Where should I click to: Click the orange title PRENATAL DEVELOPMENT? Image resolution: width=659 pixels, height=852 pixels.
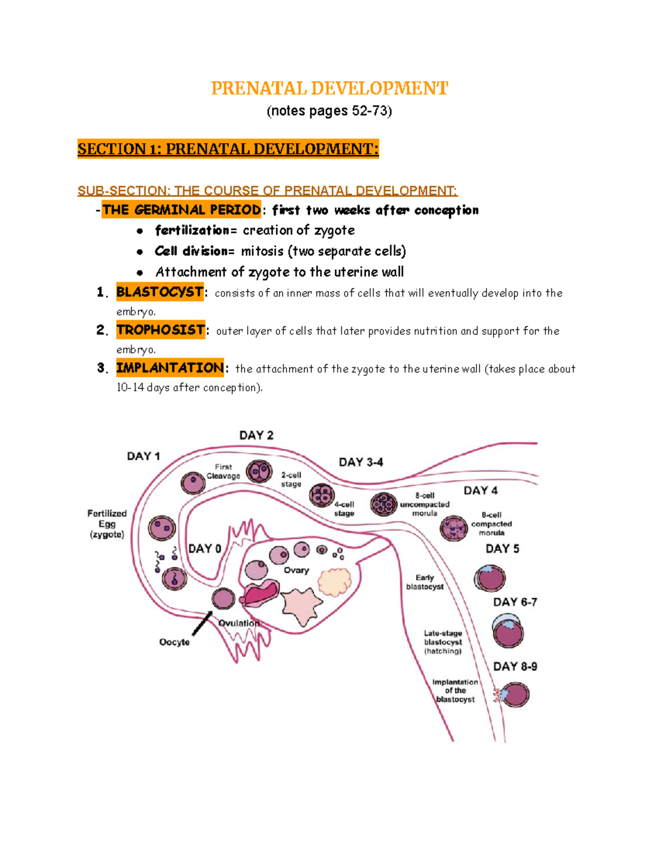pos(329,88)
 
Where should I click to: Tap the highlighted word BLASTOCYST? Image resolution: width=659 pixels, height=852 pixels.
pos(160,292)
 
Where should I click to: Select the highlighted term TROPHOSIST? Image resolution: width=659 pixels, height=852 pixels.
pos(160,330)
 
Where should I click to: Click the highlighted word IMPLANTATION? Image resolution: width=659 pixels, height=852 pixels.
pos(170,368)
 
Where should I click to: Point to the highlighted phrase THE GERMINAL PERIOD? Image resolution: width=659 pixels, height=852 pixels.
pos(181,210)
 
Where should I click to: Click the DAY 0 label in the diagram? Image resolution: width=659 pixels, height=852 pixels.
pos(204,549)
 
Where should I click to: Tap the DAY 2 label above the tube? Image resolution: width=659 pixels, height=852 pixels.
pos(256,435)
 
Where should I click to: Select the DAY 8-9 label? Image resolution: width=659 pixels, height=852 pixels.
pos(515,666)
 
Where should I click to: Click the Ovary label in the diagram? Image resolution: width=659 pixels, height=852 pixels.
pos(296,570)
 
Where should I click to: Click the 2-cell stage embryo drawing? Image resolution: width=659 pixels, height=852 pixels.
pos(259,471)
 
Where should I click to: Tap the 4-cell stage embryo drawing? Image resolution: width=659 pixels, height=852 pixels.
pos(322,495)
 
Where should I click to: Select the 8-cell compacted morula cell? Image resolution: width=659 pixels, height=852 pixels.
pos(454,528)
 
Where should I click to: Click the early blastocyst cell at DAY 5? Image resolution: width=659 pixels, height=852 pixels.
pos(489,578)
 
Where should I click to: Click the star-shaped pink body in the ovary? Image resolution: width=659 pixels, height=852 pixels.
pos(301,604)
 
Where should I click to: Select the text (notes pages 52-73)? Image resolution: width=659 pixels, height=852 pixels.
pos(329,111)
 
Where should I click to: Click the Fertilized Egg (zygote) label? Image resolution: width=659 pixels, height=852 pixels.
pos(107,523)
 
